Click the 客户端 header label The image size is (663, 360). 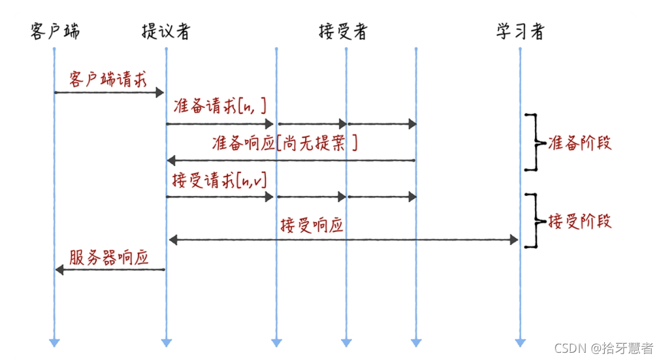(55, 31)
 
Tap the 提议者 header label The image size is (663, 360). (166, 31)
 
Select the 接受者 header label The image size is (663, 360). (343, 31)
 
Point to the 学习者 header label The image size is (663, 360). (520, 31)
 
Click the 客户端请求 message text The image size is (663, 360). (108, 79)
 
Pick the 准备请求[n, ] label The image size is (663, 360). (221, 107)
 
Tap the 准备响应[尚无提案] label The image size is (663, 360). (285, 144)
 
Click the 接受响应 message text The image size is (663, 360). (312, 226)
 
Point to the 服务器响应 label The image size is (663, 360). (108, 257)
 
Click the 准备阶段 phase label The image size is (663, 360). (580, 143)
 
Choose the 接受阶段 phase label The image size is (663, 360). (580, 221)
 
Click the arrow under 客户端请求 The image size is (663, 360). (109, 93)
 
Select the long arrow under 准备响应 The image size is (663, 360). (291, 160)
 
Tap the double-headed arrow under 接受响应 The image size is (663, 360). (343, 240)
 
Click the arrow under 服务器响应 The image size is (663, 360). (109, 269)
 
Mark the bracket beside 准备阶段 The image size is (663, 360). (534, 142)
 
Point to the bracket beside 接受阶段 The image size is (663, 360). (534, 221)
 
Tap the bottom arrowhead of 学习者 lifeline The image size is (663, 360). (520, 342)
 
